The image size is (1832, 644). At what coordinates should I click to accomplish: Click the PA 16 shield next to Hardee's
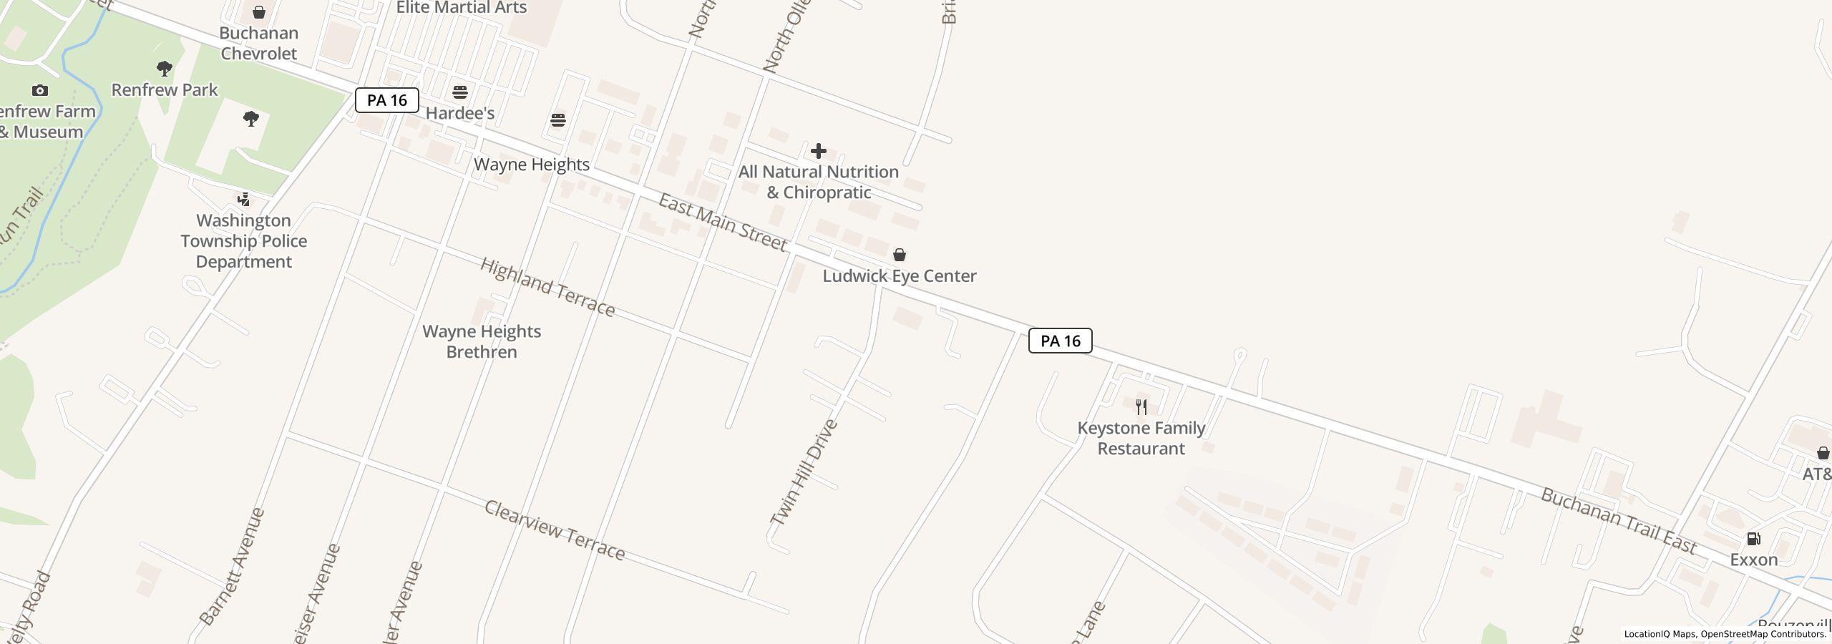(x=386, y=100)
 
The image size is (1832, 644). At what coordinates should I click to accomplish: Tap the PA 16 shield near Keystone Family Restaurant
(x=1060, y=341)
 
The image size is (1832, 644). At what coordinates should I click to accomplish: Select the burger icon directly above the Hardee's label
(x=460, y=92)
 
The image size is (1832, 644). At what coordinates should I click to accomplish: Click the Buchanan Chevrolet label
(x=258, y=43)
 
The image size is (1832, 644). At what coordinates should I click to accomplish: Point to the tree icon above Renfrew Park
(x=165, y=69)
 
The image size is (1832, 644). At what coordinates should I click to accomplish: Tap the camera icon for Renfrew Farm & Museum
(x=40, y=90)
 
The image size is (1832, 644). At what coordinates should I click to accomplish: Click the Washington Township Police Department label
(x=244, y=241)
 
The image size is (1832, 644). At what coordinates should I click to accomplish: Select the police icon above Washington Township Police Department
(x=244, y=199)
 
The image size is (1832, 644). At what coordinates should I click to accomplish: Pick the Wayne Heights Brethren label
(x=482, y=341)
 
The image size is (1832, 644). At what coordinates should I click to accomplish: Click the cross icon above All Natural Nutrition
(x=819, y=151)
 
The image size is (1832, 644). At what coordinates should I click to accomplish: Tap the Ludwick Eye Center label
(x=899, y=276)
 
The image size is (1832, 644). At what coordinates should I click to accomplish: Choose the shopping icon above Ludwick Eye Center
(x=900, y=255)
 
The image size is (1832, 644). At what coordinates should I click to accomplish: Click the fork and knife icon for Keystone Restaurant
(x=1141, y=407)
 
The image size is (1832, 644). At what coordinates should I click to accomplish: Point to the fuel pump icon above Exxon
(x=1753, y=539)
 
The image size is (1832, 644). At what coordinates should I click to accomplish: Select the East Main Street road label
(x=723, y=222)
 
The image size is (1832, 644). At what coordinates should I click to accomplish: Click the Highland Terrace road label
(x=547, y=287)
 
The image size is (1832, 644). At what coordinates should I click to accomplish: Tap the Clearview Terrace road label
(x=555, y=530)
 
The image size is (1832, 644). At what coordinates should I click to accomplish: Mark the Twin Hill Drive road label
(x=804, y=473)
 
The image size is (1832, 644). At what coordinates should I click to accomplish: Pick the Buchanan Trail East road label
(x=1619, y=521)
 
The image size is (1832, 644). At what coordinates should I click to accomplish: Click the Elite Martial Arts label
(x=462, y=8)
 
